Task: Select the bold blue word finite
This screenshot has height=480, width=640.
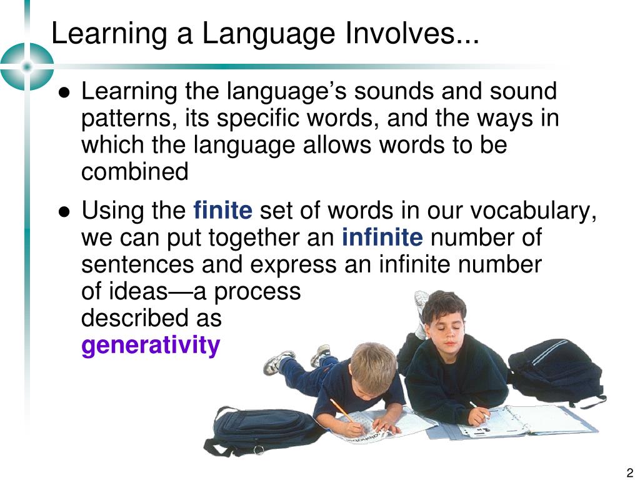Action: [223, 211]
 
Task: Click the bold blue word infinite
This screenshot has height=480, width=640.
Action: [382, 238]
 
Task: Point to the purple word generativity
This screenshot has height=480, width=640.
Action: [151, 345]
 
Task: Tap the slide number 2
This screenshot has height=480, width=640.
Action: [629, 472]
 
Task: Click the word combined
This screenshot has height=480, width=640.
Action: [135, 172]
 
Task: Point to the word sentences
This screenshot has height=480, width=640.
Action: [138, 265]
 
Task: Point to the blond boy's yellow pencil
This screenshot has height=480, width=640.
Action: [343, 412]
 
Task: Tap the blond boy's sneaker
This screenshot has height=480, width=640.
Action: [278, 361]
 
